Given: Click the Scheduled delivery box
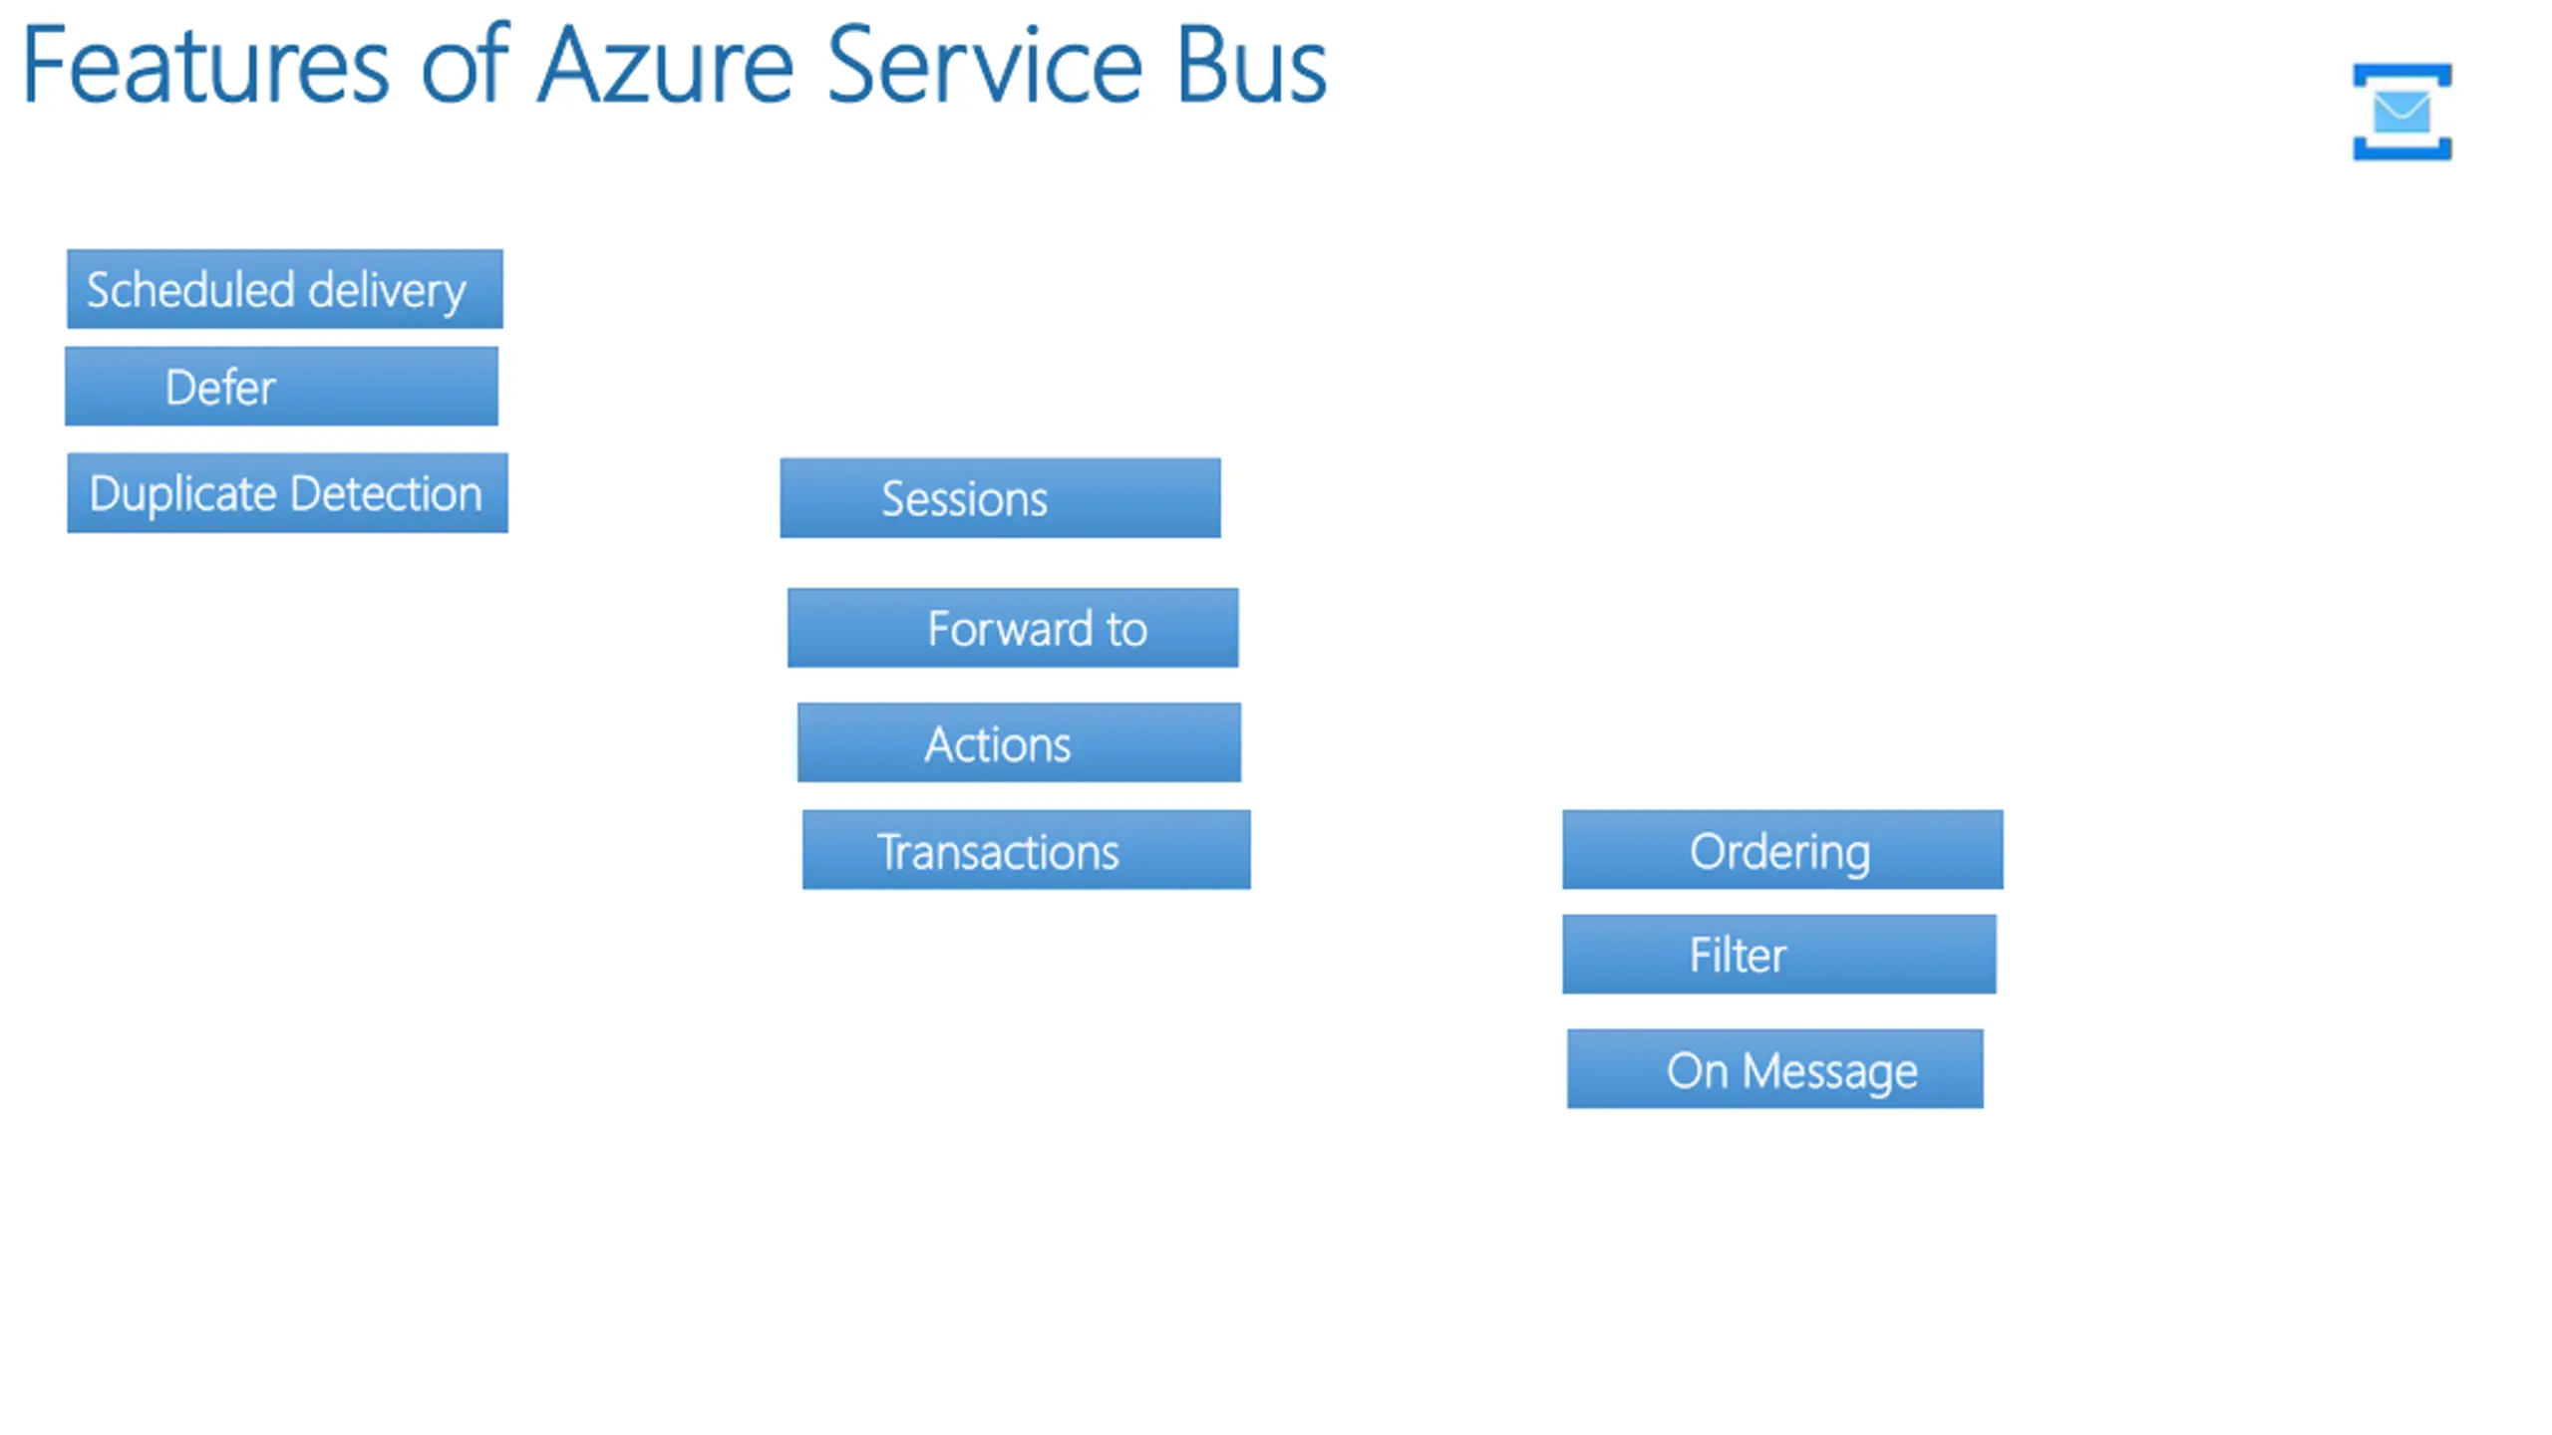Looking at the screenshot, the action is tap(284, 289).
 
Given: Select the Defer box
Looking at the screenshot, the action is tap(281, 387).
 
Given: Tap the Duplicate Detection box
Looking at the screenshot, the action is tap(287, 493).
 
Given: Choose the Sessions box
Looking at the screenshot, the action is tap(1000, 498).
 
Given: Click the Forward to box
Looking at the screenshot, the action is tap(1013, 628).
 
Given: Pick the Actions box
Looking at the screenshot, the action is tap(1019, 742).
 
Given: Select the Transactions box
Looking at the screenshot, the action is tap(1026, 850).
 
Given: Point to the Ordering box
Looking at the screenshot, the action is tap(1782, 849).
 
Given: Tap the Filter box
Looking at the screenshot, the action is tap(1779, 954).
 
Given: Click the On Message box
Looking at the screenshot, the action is tap(1774, 1068).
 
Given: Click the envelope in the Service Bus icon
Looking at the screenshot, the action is tap(2401, 111).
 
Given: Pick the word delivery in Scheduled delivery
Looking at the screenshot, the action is tap(387, 291).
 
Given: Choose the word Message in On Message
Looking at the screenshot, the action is tap(1829, 1072).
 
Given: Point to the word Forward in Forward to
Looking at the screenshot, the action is tap(1010, 629).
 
